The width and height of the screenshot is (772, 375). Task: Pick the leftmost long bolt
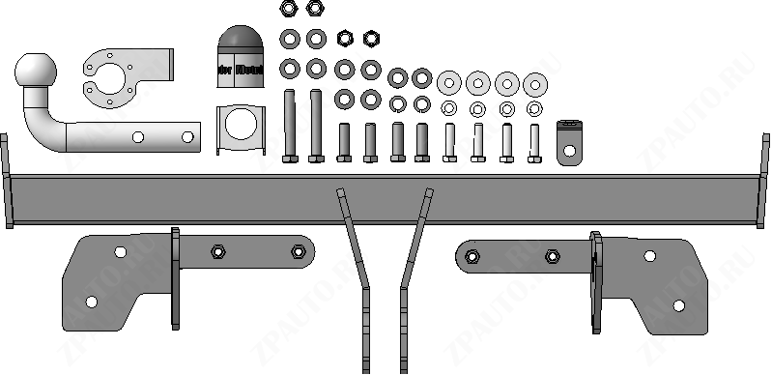pyautogui.click(x=289, y=126)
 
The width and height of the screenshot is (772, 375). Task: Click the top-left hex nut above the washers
pyautogui.click(x=288, y=10)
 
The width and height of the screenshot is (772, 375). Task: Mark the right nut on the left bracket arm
pyautogui.click(x=297, y=253)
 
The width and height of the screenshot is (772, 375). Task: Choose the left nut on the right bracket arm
pyautogui.click(x=472, y=256)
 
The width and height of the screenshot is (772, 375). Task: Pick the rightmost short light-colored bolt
pyautogui.click(x=533, y=142)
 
